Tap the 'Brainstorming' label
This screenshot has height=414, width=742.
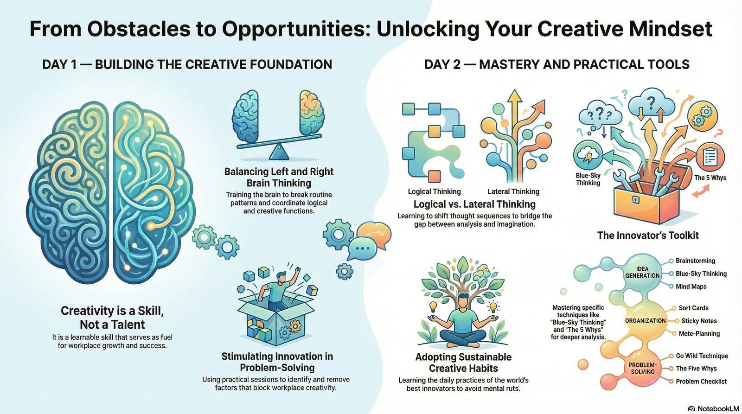[x=695, y=261]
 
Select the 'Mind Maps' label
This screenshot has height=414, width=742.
[x=691, y=287]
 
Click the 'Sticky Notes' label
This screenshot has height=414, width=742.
[x=699, y=321]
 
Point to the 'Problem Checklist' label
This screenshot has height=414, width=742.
[x=701, y=382]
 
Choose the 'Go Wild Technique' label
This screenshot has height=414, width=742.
[x=702, y=356]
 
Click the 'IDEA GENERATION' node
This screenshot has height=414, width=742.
[x=642, y=272]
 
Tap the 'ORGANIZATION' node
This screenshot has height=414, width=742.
[x=645, y=321]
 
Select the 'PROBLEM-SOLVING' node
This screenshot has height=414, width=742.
[x=643, y=368]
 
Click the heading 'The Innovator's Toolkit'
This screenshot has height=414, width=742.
[x=647, y=236]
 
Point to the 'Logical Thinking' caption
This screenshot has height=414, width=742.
[x=434, y=191]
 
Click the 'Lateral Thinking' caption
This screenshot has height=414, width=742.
[x=513, y=191]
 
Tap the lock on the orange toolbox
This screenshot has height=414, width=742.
[x=635, y=200]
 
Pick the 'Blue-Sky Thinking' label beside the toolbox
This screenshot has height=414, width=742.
[x=588, y=179]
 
